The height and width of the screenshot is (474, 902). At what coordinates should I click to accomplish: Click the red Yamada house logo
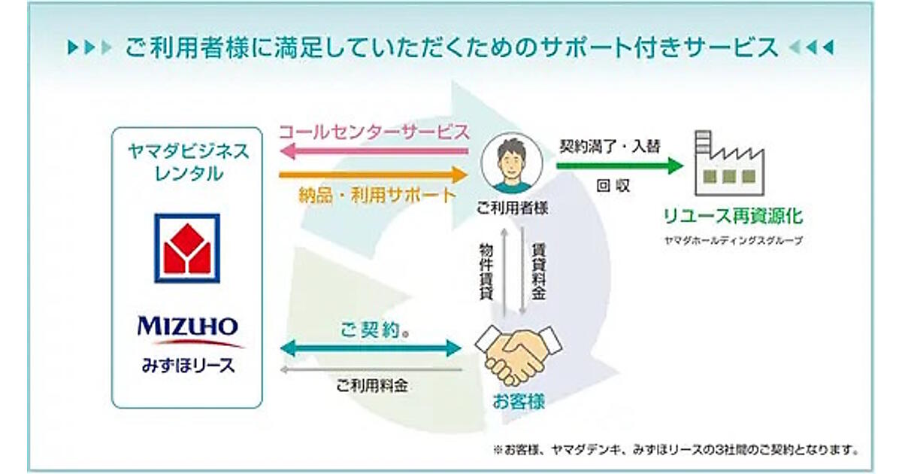(x=187, y=248)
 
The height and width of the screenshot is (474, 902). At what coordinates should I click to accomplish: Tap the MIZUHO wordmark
(x=187, y=327)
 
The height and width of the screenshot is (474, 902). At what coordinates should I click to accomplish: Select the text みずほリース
(x=187, y=366)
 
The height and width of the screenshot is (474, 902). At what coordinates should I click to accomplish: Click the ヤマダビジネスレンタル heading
(x=187, y=162)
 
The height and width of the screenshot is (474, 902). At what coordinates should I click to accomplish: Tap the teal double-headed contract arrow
(x=369, y=348)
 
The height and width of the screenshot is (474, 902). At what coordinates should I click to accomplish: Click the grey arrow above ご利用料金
(x=369, y=370)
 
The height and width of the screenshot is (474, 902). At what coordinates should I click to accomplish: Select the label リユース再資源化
(x=732, y=217)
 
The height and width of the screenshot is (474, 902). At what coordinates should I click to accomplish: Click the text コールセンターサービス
(x=374, y=132)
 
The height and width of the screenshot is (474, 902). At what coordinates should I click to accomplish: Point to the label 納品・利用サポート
(x=377, y=196)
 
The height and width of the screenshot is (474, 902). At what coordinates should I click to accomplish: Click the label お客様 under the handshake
(x=519, y=402)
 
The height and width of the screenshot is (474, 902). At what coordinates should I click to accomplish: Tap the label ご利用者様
(x=512, y=208)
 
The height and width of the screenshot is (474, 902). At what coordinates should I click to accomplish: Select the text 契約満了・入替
(x=610, y=146)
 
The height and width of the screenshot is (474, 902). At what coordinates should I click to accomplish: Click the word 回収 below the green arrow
(x=613, y=186)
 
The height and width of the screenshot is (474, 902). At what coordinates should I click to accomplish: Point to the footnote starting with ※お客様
(x=675, y=450)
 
